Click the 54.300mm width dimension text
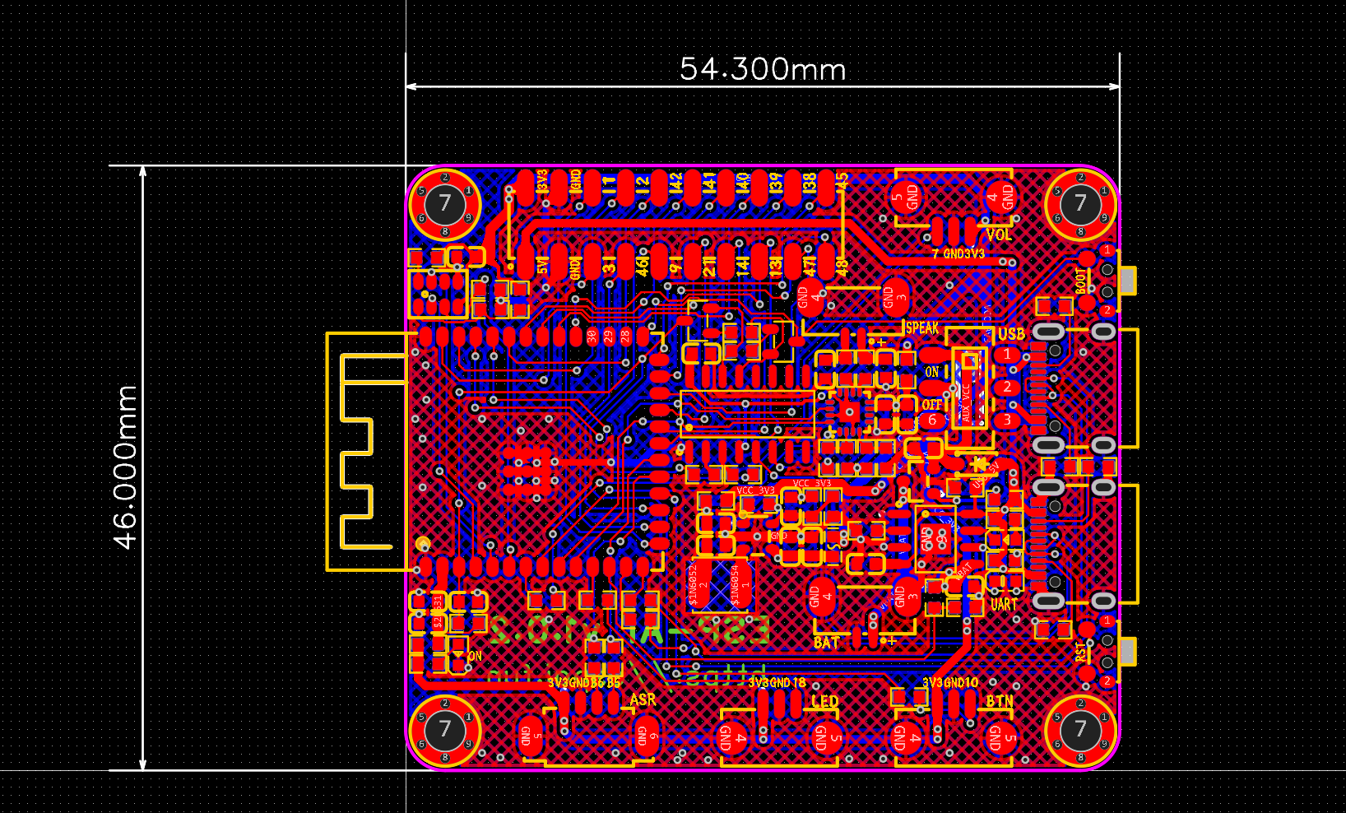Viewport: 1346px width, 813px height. point(763,69)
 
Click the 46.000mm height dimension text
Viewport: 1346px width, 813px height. point(125,467)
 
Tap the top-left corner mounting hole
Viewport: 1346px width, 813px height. point(445,202)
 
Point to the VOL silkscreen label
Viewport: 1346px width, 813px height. point(999,235)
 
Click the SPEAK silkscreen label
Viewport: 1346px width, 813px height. point(922,328)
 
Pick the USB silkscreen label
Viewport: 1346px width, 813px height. point(1011,333)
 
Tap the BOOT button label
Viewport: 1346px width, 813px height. point(1080,281)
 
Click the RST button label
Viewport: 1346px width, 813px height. point(1080,652)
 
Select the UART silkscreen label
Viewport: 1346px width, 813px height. point(1004,604)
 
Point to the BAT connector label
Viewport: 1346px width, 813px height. point(827,642)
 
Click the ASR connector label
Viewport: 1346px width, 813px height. point(643,699)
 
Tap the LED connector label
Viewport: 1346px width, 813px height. point(824,701)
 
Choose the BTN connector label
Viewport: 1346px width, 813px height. point(1000,701)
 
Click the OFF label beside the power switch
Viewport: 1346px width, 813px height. point(931,405)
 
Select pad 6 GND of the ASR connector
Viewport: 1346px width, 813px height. point(647,733)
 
